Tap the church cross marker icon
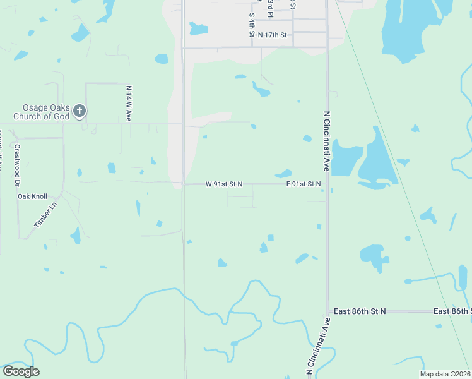(80, 112)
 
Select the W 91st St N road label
(224, 184)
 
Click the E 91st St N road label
(304, 184)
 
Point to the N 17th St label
(272, 35)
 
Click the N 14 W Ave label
(129, 103)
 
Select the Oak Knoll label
(32, 196)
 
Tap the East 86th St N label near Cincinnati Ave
(360, 311)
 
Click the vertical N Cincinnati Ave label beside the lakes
(327, 140)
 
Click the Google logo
(21, 371)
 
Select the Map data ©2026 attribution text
(445, 374)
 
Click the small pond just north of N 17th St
(199, 28)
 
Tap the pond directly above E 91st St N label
(283, 173)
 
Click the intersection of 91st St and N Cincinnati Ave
(327, 184)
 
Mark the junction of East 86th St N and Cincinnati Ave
(327, 311)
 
